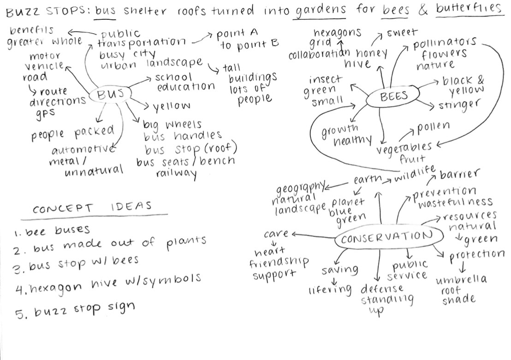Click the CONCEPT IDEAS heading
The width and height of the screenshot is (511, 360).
92,208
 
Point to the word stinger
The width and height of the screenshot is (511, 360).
458,105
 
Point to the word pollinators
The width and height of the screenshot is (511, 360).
445,45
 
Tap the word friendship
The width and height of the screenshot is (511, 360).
279,263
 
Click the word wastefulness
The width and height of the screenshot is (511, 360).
456,202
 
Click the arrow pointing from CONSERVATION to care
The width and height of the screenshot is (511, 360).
314,236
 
